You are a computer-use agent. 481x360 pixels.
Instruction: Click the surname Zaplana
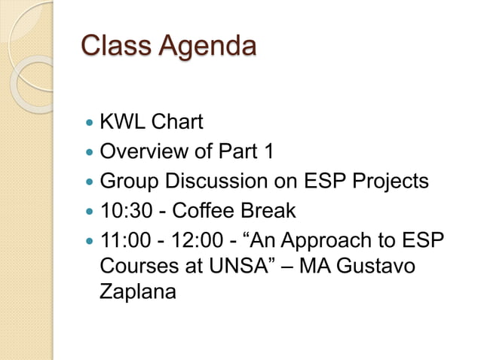138,294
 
